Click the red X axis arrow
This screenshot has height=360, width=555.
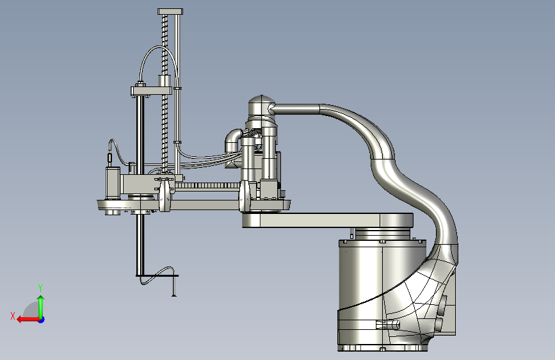coord(28,320)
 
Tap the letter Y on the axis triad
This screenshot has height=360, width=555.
coord(40,288)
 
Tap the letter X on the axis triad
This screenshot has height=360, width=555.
coord(13,316)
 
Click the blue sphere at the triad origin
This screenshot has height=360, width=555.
coord(42,320)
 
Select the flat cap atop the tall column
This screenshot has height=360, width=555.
coord(170,12)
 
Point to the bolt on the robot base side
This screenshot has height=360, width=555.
coord(388,324)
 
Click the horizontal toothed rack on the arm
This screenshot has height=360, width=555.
coord(207,185)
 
